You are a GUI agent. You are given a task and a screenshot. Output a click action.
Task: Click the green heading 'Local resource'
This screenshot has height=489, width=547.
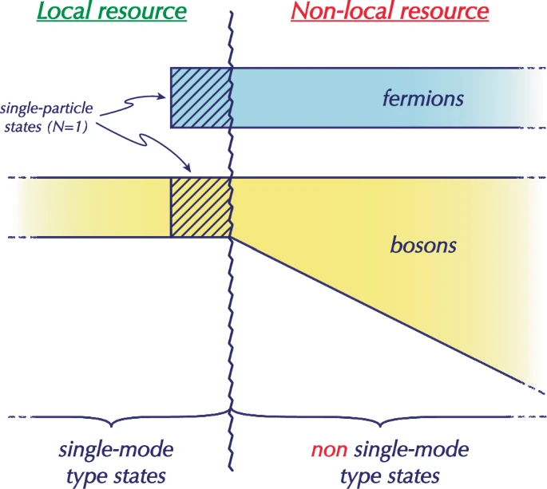point(118,12)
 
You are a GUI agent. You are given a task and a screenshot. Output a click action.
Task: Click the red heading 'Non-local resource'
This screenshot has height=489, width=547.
point(389,12)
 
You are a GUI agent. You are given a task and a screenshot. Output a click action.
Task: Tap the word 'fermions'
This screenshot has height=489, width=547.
point(422,100)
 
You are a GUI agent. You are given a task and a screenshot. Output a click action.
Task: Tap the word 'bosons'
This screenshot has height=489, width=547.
point(423,243)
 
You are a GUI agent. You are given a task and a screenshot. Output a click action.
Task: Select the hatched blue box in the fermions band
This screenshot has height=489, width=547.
point(200,97)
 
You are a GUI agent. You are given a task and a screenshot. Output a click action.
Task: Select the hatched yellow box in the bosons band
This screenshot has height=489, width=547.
point(200,207)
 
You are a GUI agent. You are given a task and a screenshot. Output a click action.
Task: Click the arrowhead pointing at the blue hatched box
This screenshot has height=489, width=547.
point(164,98)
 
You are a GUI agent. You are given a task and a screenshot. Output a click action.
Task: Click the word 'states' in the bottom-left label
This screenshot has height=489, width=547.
point(145,476)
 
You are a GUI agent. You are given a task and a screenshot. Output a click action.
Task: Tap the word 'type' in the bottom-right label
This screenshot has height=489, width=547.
point(361,476)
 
